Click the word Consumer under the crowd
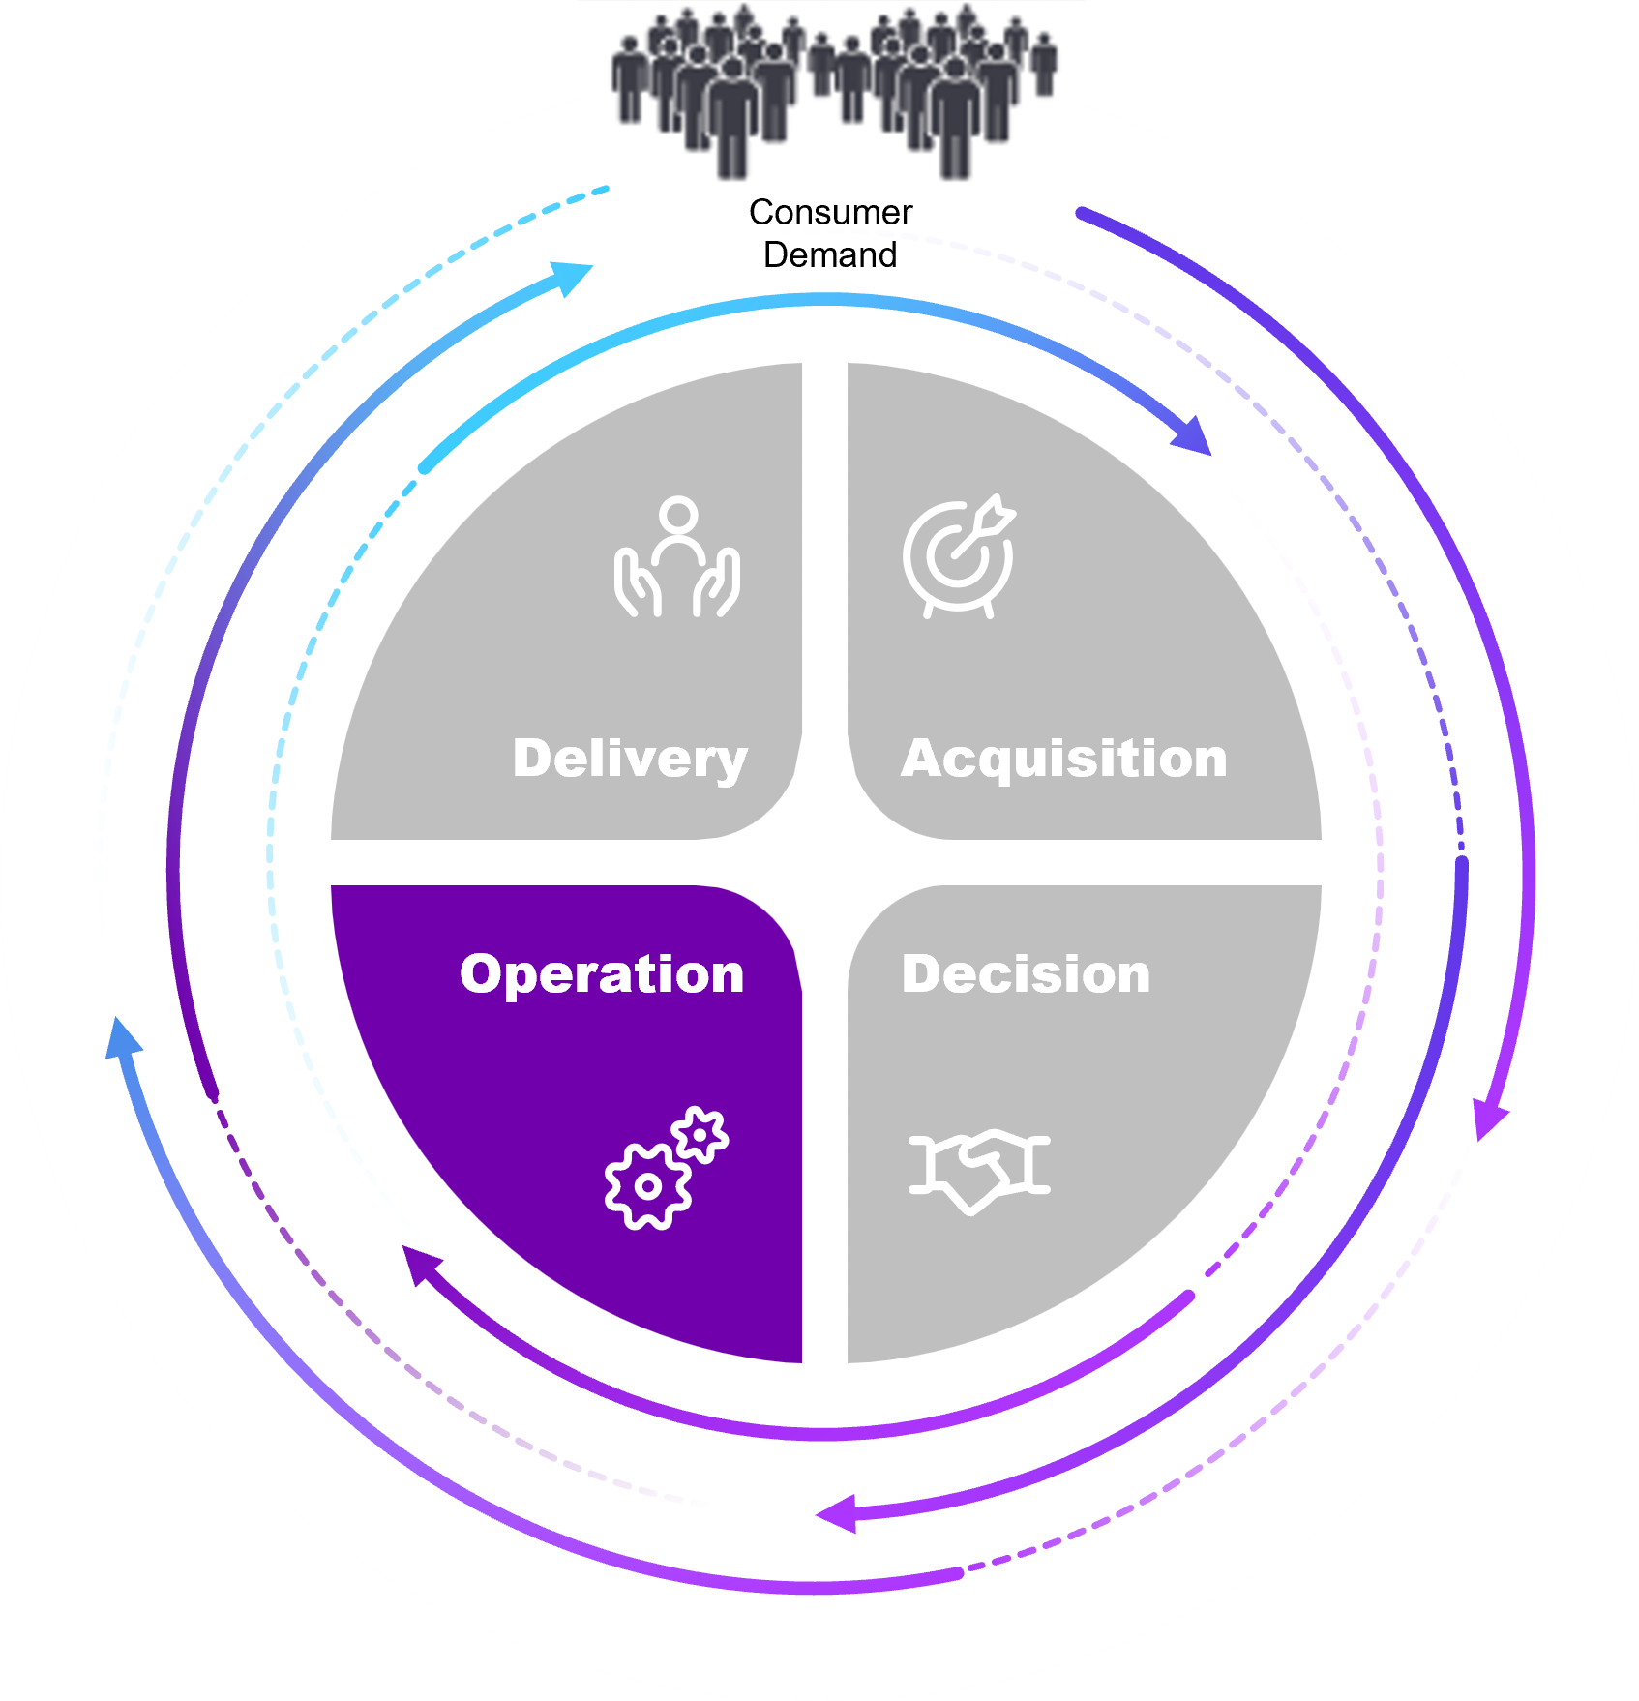tap(830, 212)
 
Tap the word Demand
tap(830, 254)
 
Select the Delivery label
tap(630, 758)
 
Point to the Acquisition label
tap(1064, 758)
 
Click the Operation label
tap(602, 973)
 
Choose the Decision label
tap(1026, 973)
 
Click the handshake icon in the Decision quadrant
tap(979, 1168)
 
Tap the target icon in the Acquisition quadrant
tap(959, 557)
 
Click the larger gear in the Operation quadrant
tap(647, 1186)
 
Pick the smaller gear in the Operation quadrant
tap(700, 1133)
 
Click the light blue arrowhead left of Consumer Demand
tap(573, 276)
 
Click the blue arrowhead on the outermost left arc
tap(121, 1037)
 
